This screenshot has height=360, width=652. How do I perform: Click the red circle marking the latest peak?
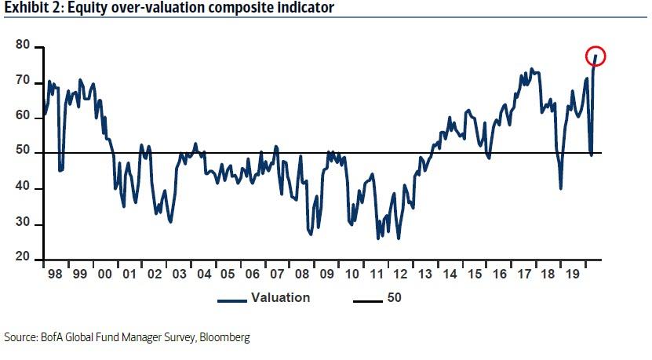(596, 56)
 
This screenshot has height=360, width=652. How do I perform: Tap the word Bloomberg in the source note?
(224, 337)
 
